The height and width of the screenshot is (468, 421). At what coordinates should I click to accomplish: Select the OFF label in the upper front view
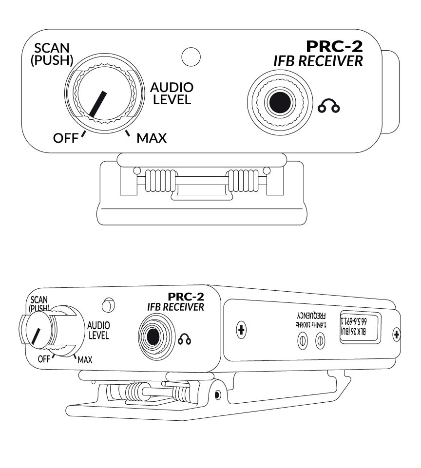click(65, 138)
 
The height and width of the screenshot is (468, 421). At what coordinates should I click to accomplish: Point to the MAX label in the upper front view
click(152, 139)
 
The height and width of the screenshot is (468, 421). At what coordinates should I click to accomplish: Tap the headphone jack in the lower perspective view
click(153, 336)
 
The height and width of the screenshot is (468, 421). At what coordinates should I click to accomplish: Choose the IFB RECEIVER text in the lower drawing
click(175, 307)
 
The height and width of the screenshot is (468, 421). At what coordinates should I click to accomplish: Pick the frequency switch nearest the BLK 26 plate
click(320, 340)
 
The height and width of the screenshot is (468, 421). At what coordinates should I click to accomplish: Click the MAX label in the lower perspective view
click(84, 360)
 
